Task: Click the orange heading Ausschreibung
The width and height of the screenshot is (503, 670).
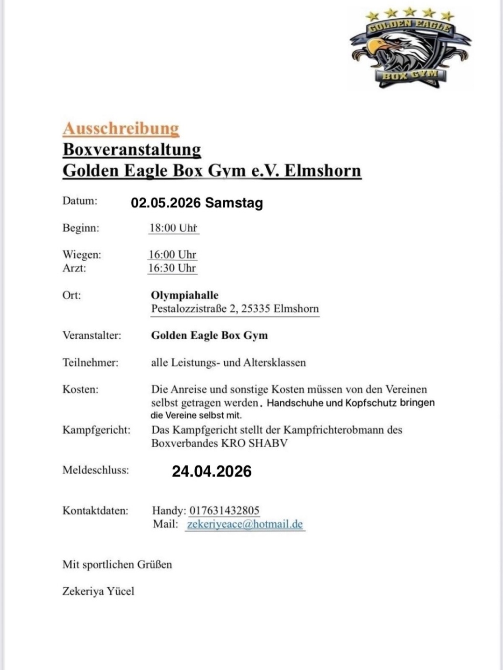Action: pos(121,128)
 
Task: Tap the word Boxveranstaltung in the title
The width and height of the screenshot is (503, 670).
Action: pos(132,150)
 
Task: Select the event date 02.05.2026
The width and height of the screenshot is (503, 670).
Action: pos(166,203)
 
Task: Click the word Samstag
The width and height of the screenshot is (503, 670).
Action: pos(234,203)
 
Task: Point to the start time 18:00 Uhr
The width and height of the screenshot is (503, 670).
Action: pos(173,228)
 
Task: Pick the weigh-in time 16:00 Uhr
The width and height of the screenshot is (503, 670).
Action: pos(172,255)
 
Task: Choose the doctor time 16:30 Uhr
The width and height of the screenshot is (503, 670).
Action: pos(172,268)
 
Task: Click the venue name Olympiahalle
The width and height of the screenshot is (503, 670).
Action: pos(184,295)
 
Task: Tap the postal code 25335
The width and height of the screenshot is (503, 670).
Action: pos(255,309)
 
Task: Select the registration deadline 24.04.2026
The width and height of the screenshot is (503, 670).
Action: pos(212,471)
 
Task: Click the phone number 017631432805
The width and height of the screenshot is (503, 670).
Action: pos(224,511)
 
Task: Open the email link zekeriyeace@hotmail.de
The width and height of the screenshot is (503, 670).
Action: pos(245,524)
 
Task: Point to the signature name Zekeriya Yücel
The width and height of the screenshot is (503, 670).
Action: pos(98,592)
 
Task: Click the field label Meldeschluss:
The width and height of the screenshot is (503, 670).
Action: pos(96,470)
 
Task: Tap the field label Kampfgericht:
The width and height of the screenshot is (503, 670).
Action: pos(97,430)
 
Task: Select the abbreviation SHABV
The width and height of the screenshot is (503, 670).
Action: pos(268,443)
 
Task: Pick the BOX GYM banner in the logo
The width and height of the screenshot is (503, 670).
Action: pos(410,75)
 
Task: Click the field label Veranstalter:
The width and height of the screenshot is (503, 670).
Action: pos(92,335)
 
